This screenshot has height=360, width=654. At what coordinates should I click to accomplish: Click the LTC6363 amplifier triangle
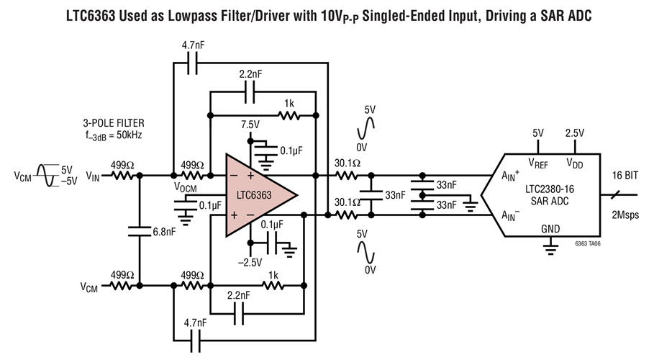point(257,195)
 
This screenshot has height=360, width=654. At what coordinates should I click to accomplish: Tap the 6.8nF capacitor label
point(164,232)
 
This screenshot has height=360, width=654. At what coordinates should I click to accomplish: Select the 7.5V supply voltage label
point(250,125)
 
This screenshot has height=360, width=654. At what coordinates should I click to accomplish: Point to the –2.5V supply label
point(250,262)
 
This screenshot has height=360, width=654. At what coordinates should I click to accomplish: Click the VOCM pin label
point(185,187)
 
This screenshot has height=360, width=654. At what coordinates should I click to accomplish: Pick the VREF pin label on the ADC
point(538,163)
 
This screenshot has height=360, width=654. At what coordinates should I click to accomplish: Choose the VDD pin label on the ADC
point(574,163)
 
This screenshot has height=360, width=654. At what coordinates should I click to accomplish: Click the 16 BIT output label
point(625,176)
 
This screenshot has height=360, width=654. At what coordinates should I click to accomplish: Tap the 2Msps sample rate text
point(625,215)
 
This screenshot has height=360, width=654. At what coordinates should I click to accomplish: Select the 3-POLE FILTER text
point(114,123)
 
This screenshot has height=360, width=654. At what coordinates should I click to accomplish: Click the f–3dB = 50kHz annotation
point(114,136)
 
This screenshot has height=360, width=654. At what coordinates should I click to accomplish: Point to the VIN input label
point(93,176)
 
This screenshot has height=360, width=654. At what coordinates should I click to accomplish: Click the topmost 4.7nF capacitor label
point(193,45)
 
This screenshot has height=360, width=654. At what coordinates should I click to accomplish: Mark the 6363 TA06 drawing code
point(588,243)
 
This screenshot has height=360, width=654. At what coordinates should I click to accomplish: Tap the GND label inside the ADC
point(550,229)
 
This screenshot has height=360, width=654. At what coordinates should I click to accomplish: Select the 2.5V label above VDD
point(575,133)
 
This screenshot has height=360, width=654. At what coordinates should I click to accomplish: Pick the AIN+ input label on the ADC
point(510,176)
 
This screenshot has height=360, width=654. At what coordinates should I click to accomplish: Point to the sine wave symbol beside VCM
point(45,176)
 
